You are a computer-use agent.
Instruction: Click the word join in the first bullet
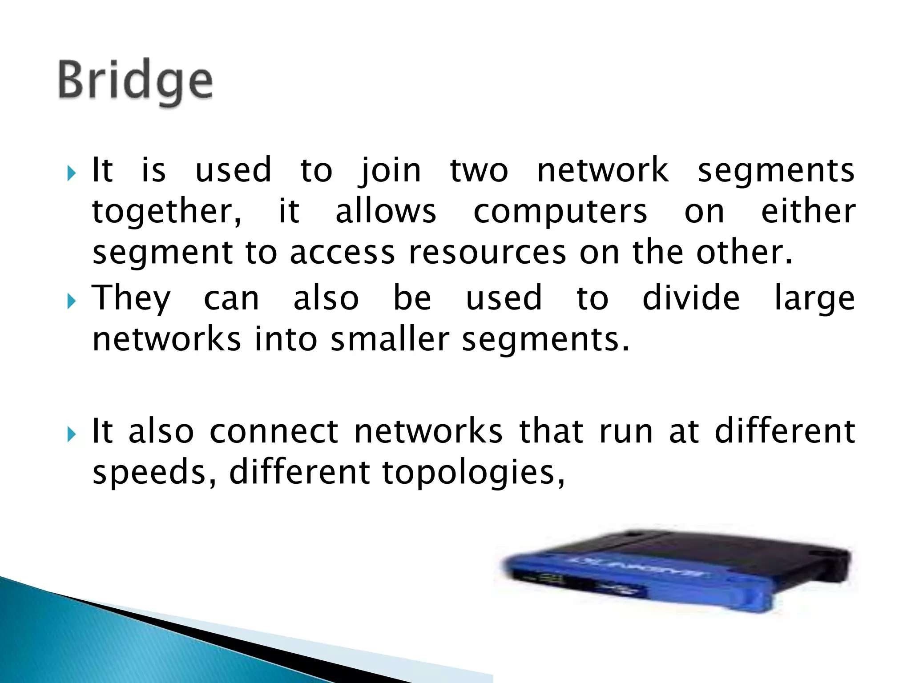(390, 171)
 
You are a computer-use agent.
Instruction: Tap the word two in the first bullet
(479, 171)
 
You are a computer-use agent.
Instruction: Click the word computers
(560, 212)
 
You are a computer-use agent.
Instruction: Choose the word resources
(488, 253)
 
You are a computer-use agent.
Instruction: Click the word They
(131, 299)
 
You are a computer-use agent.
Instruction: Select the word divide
(691, 298)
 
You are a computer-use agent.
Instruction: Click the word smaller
(390, 340)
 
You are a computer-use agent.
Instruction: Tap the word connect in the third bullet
(274, 431)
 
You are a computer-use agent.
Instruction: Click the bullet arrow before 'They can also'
(71, 302)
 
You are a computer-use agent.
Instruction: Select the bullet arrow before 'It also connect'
(71, 434)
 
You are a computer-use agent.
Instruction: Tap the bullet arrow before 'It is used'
(71, 173)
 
